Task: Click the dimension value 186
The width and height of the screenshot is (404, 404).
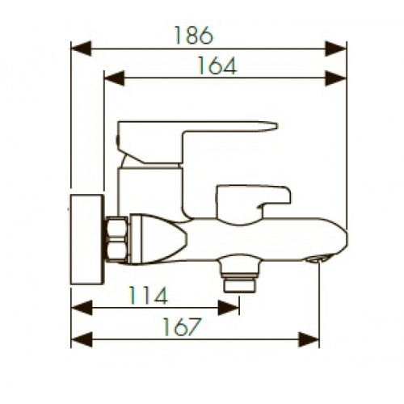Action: click(194, 36)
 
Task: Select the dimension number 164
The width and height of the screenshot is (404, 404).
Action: click(217, 65)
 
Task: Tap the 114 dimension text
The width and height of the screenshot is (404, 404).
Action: click(149, 295)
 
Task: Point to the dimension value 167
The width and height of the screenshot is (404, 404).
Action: click(182, 326)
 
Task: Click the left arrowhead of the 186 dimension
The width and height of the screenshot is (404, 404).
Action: click(81, 48)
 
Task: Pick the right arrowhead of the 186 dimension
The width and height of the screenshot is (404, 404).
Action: click(335, 48)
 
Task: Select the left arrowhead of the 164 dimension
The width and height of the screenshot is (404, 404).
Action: click(115, 78)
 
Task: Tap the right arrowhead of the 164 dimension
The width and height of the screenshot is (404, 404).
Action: click(335, 78)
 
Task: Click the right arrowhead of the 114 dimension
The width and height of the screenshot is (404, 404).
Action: click(229, 308)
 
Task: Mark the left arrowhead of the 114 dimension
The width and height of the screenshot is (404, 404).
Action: click(82, 308)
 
